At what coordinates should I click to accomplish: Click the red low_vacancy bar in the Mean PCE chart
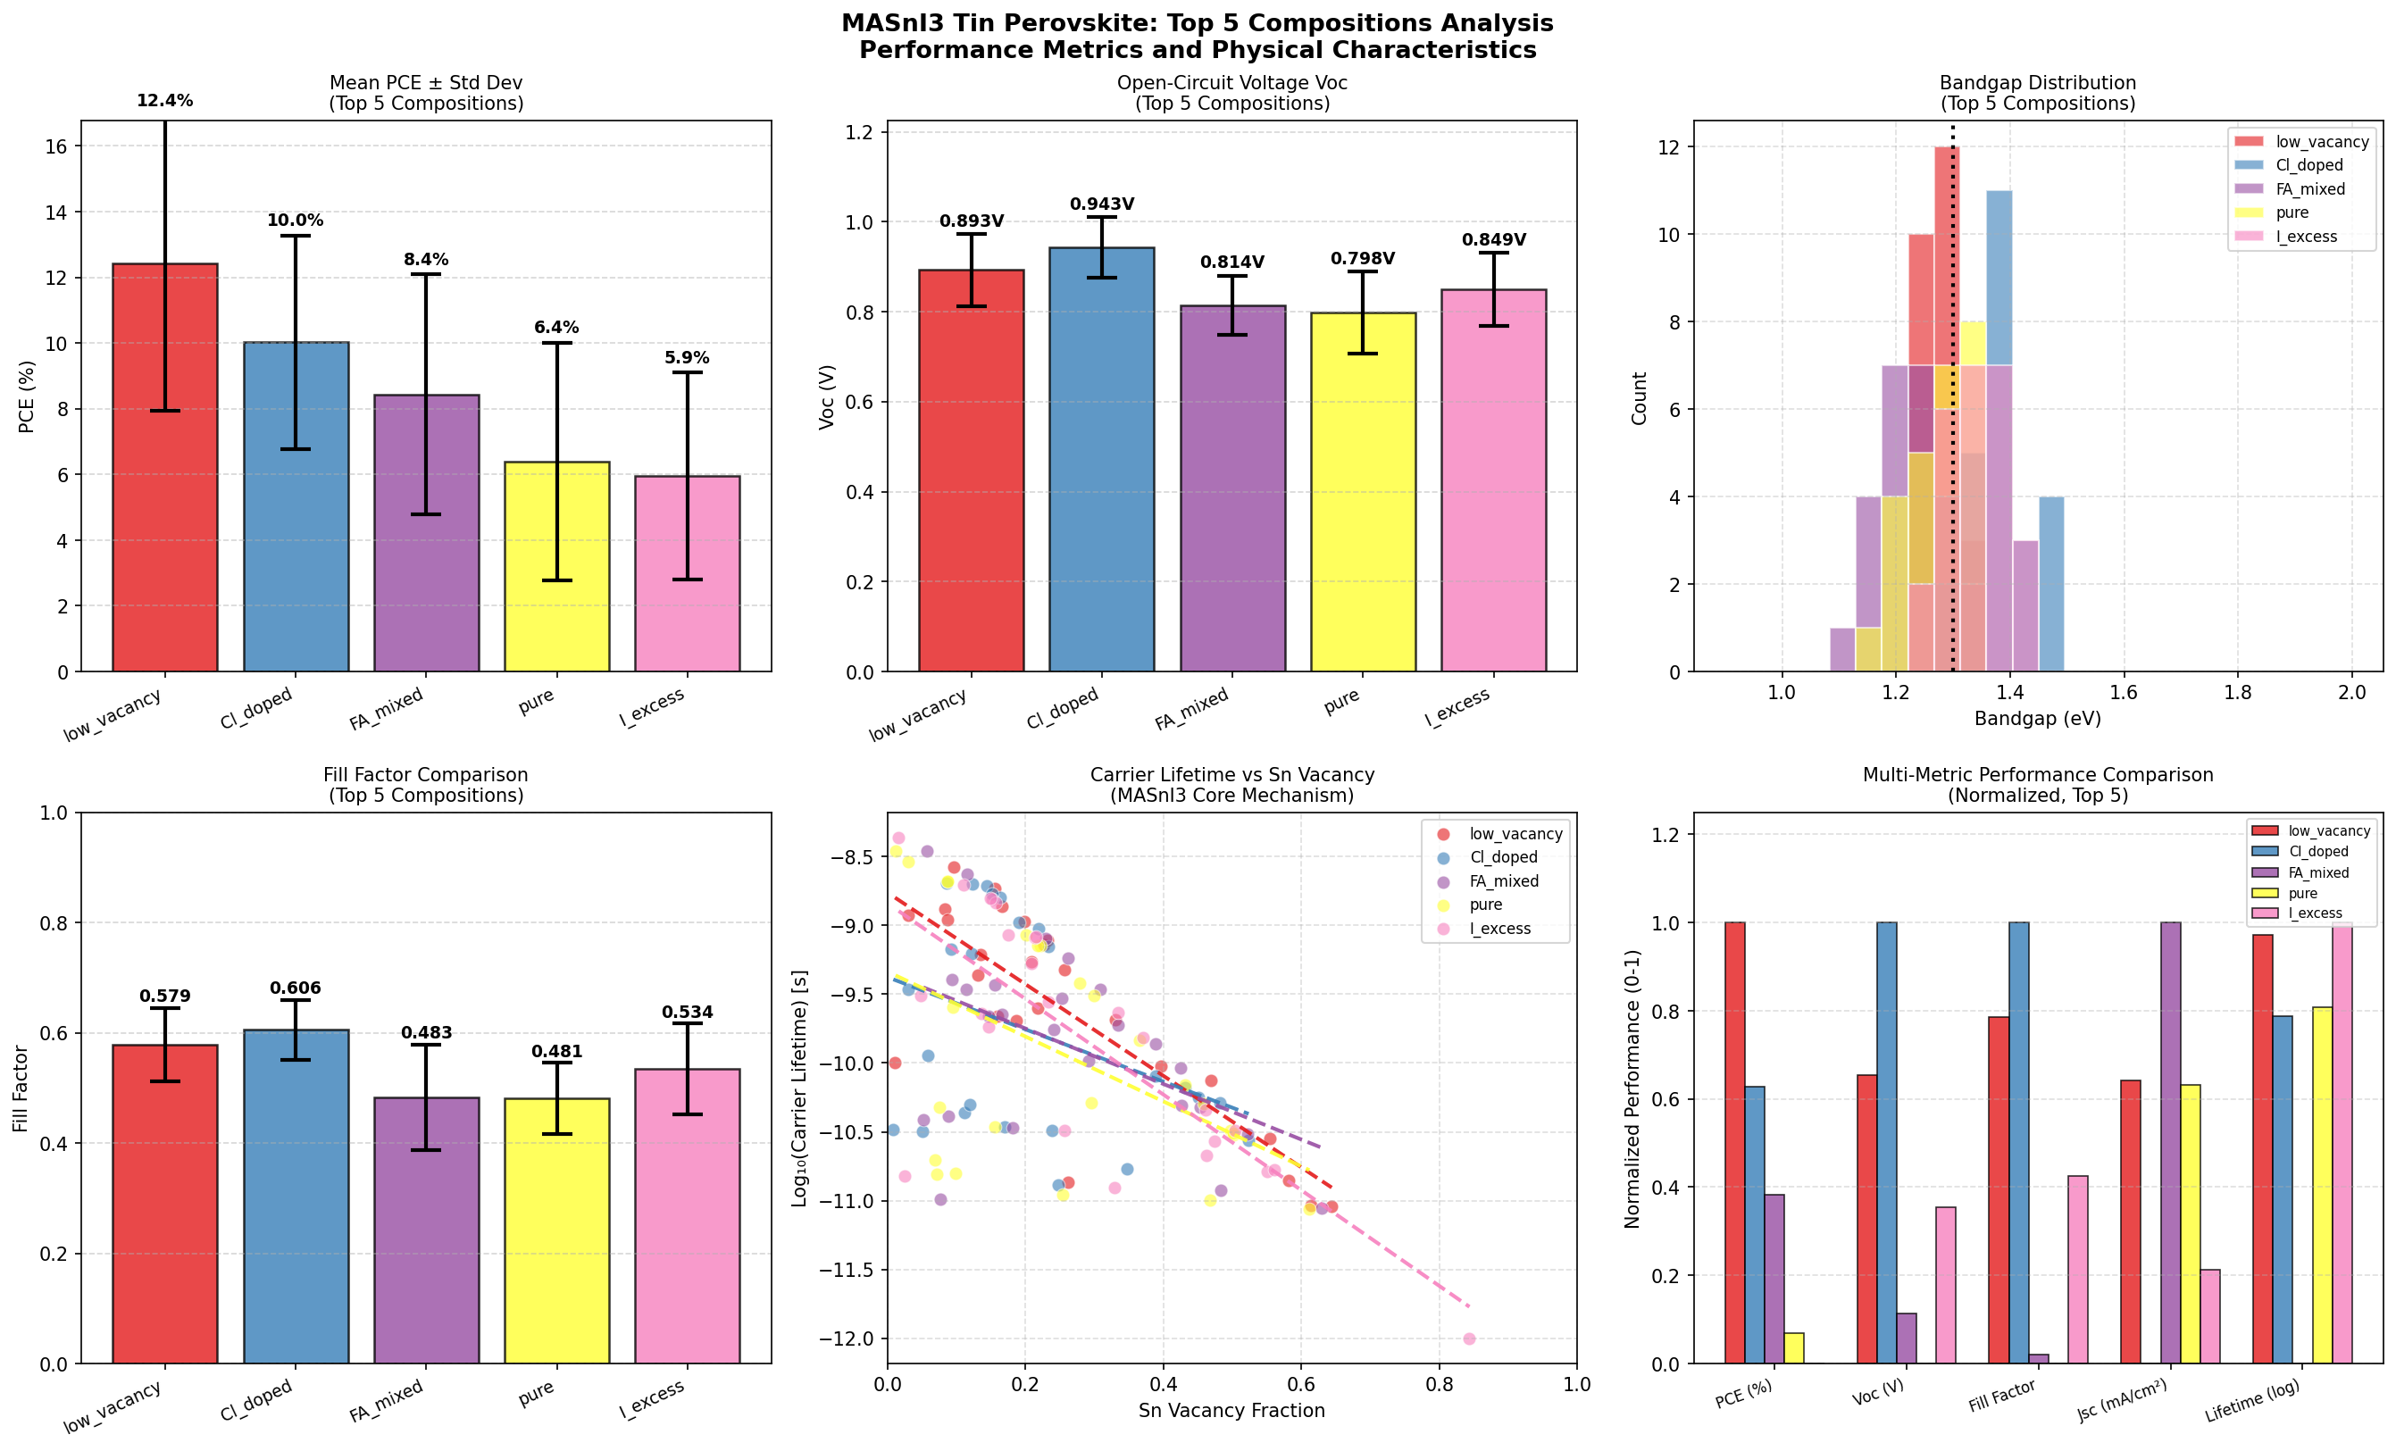click(x=165, y=467)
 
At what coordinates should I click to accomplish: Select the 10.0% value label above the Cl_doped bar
click(x=296, y=221)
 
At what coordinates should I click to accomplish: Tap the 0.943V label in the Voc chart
click(x=1102, y=204)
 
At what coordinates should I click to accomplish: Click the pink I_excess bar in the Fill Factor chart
click(x=688, y=1215)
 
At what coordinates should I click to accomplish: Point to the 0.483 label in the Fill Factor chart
click(x=426, y=1033)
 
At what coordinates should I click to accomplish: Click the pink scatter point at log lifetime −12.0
click(x=1469, y=1339)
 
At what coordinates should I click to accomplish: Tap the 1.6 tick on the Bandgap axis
click(x=2124, y=692)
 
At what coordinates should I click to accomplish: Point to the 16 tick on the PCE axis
click(x=56, y=146)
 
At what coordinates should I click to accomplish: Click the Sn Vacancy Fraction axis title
click(x=1231, y=1410)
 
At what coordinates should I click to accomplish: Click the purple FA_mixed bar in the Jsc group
click(x=2170, y=1143)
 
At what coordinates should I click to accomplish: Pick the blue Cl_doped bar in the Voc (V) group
click(x=1886, y=1143)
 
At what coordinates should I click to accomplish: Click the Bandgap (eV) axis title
click(x=2037, y=720)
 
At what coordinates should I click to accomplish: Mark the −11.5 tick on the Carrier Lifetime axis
click(x=848, y=1270)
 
